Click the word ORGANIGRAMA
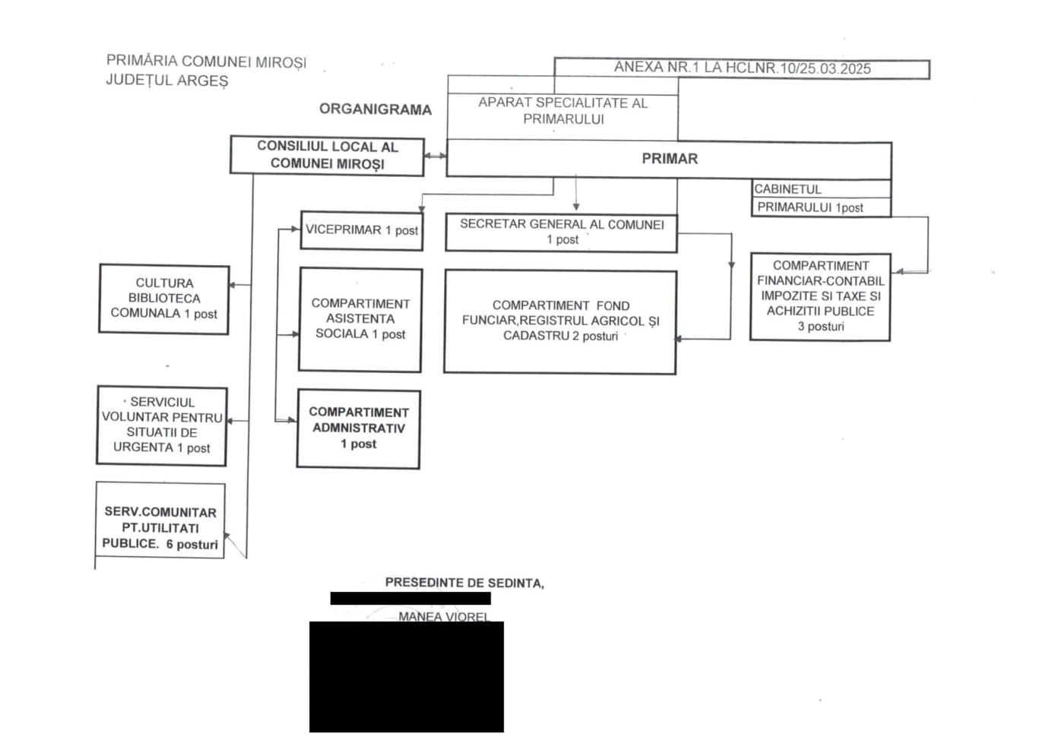pos(375,109)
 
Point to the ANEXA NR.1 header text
pos(742,68)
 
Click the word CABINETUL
pos(787,189)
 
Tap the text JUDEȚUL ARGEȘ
pos(167,81)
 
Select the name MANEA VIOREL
pos(444,616)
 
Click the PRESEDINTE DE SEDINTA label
pos(464,583)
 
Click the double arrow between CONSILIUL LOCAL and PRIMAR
pos(436,156)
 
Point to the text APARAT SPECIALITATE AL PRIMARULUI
pos(563,111)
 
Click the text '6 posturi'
pos(192,545)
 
